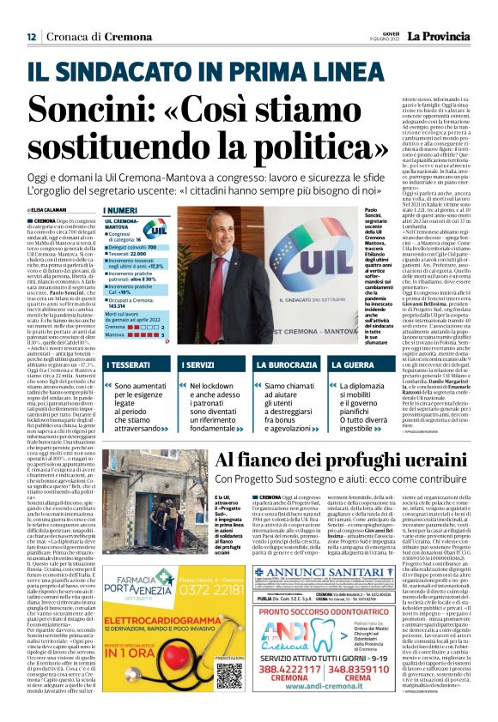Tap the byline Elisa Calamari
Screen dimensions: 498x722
click(53, 209)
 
